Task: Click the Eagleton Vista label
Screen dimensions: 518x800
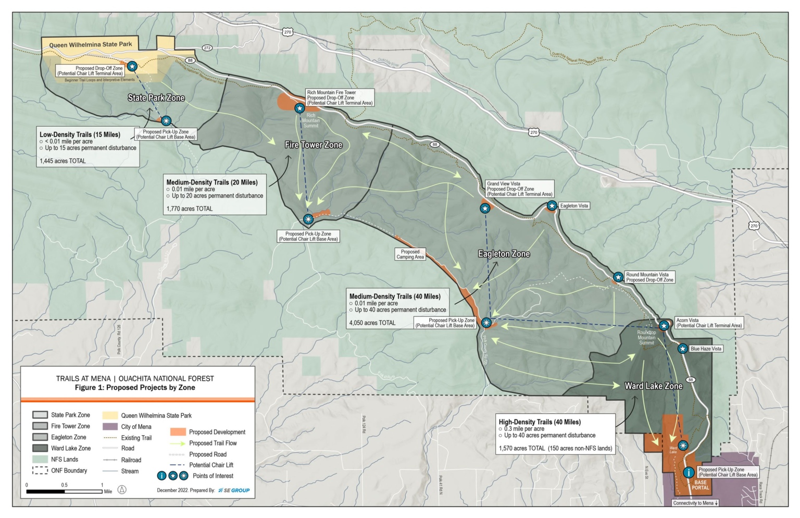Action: point(574,206)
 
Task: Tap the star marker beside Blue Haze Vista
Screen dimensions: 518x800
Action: point(682,349)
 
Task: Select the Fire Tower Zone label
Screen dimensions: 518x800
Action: point(314,145)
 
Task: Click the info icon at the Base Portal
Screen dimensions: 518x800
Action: point(689,473)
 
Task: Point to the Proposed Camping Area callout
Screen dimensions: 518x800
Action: point(410,254)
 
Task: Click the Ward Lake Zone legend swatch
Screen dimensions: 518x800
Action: point(40,448)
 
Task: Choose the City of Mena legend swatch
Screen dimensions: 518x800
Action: point(110,427)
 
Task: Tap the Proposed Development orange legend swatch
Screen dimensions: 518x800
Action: point(178,432)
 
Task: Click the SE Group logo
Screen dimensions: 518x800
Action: point(234,490)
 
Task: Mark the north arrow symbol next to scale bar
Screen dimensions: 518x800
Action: point(122,490)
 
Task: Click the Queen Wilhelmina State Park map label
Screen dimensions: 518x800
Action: point(91,45)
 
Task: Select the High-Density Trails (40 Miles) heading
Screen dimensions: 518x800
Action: point(540,422)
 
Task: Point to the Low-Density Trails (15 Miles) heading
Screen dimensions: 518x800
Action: point(80,134)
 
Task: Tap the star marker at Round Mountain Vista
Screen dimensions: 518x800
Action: point(618,277)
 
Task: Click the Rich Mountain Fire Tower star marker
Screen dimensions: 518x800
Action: point(299,108)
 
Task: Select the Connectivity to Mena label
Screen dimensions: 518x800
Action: point(695,503)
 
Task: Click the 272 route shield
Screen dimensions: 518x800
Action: point(207,48)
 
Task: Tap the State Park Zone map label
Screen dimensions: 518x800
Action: point(156,98)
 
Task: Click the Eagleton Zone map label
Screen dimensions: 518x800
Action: point(504,254)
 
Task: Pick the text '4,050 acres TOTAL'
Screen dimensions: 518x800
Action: point(372,323)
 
